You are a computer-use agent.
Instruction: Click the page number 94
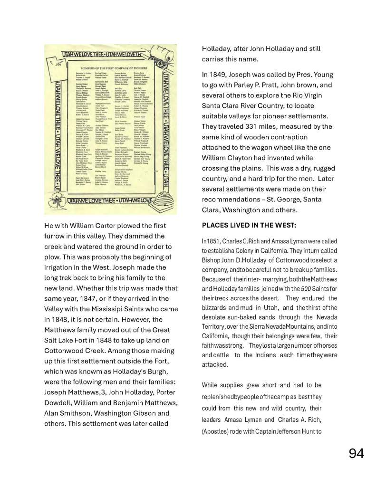coord(356,454)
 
